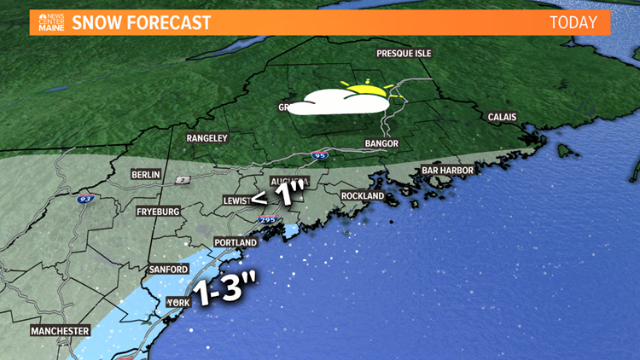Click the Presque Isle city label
click(404, 54)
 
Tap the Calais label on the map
click(503, 116)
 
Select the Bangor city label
click(381, 142)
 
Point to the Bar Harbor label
click(448, 171)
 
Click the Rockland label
click(364, 195)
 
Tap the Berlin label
click(146, 174)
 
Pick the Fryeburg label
click(157, 210)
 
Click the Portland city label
click(236, 242)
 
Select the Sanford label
click(168, 269)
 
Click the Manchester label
click(60, 330)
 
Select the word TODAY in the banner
click(573, 22)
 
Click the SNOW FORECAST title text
click(142, 22)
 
